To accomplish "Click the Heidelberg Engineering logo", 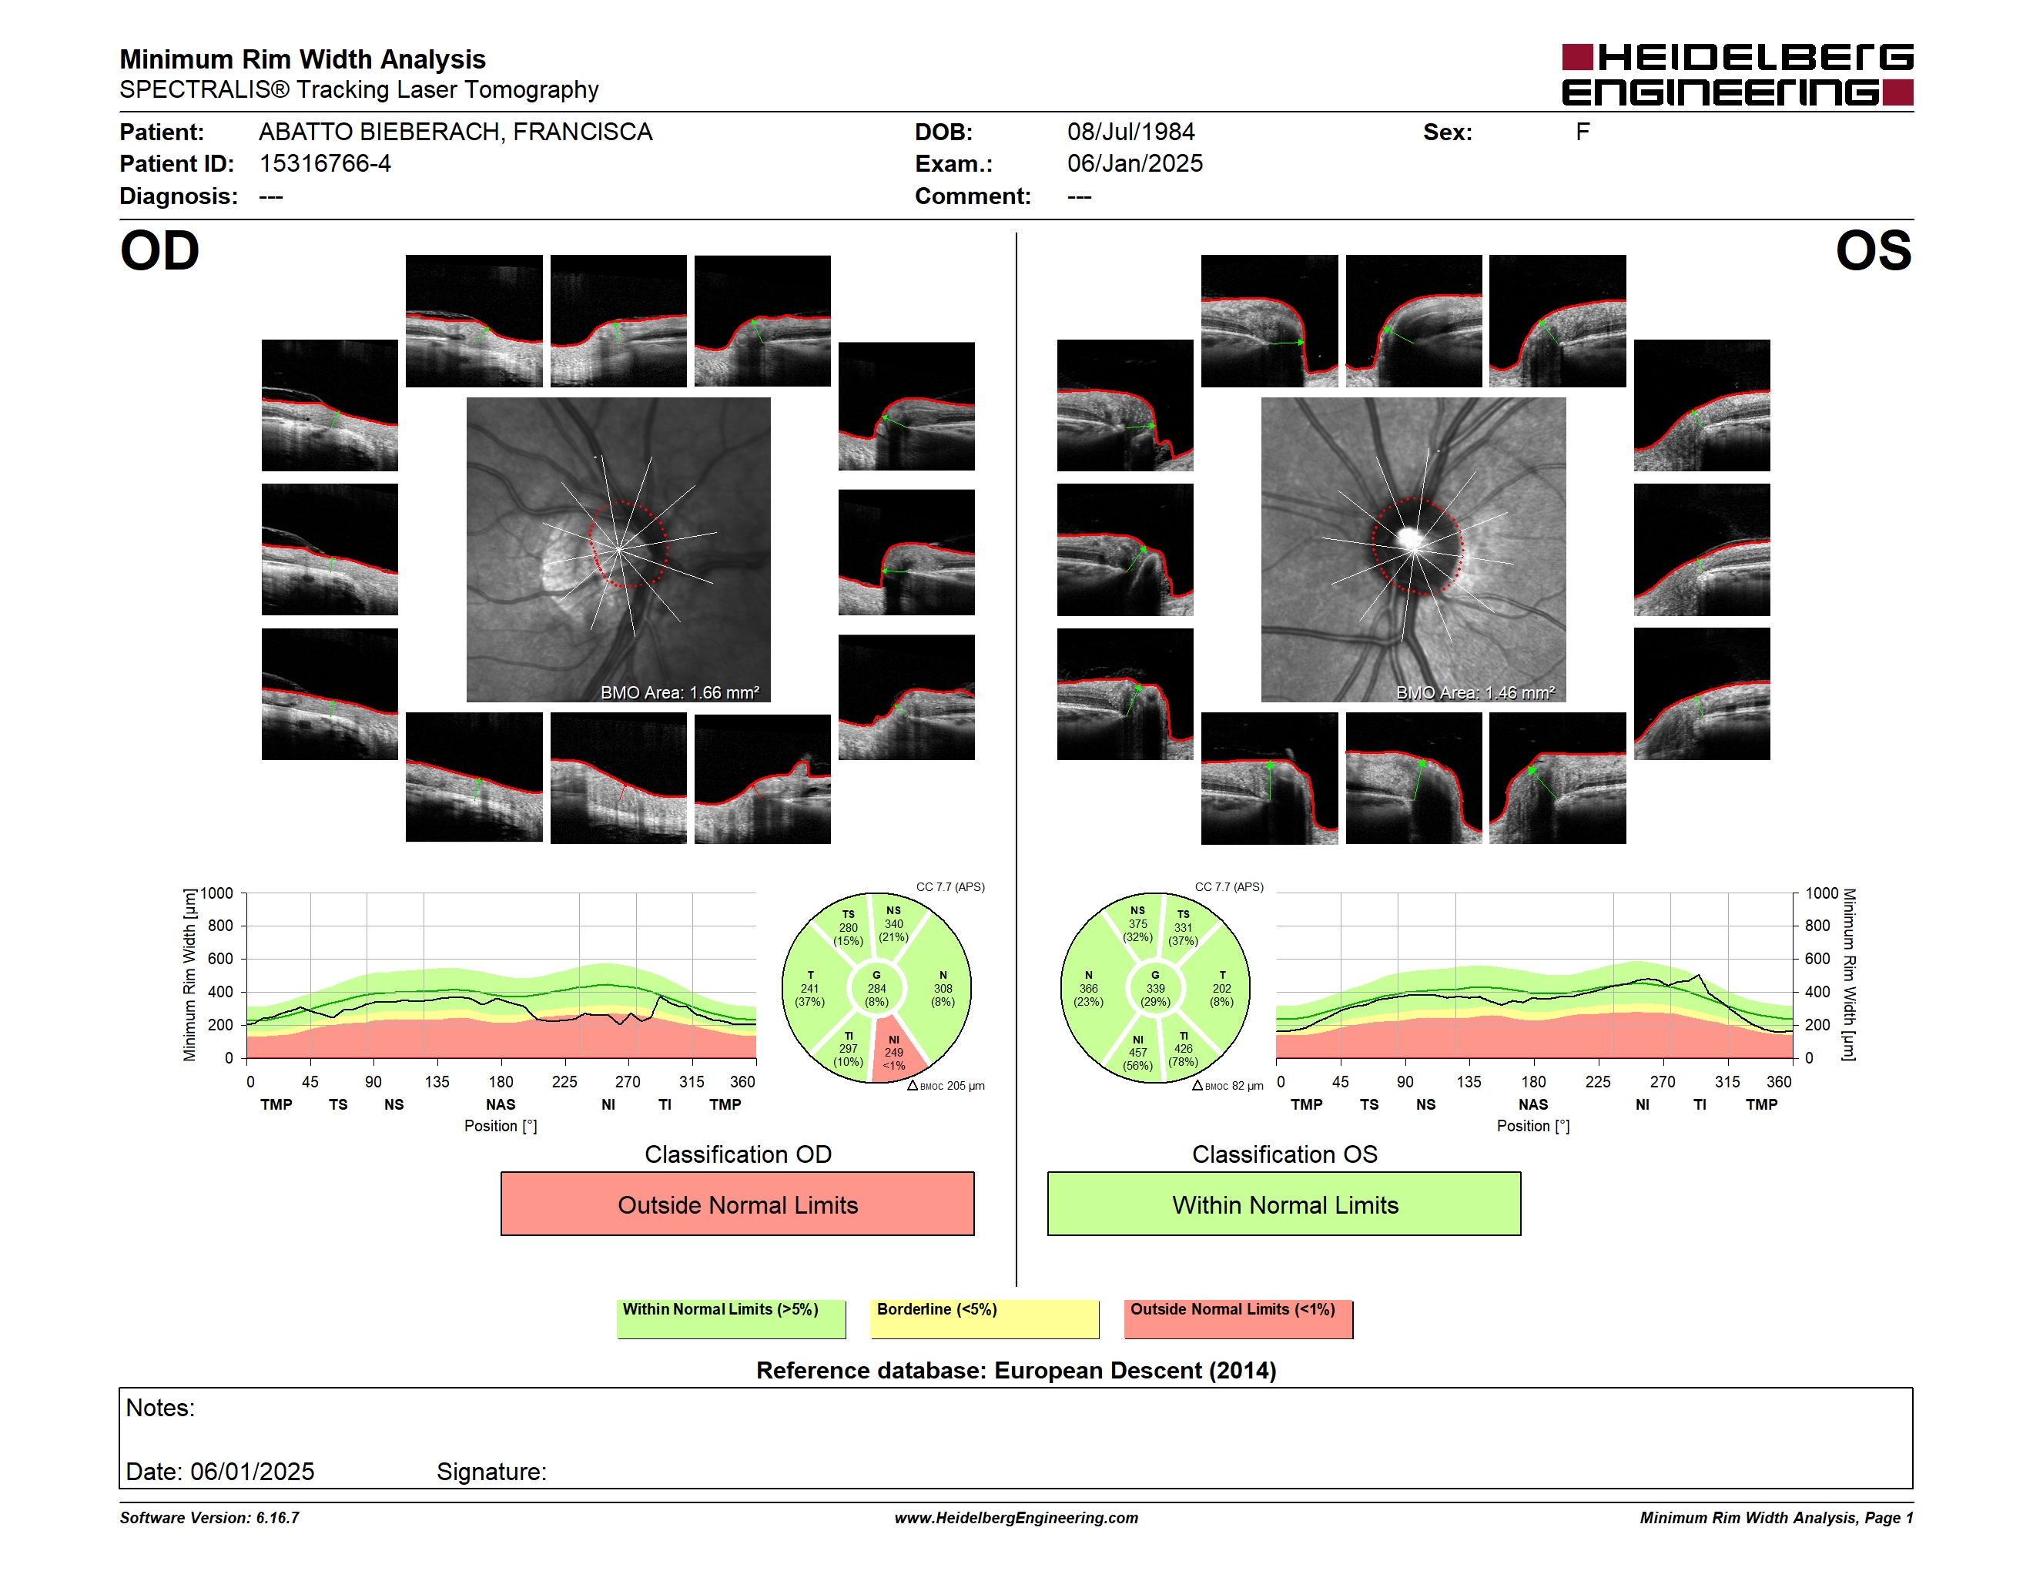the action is pyautogui.click(x=1737, y=75).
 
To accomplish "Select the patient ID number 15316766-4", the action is pyautogui.click(x=325, y=164).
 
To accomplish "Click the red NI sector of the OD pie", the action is pyautogui.click(x=896, y=1052).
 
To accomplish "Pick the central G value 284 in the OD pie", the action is pyautogui.click(x=876, y=988).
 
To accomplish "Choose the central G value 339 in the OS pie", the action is pyautogui.click(x=1155, y=988).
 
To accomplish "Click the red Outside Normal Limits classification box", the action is pyautogui.click(x=737, y=1204).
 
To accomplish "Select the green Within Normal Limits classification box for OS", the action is pyautogui.click(x=1284, y=1204).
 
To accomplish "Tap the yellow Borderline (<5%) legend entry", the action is pyautogui.click(x=984, y=1318).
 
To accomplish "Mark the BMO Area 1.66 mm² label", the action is pyautogui.click(x=679, y=692).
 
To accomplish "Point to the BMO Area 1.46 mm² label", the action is pyautogui.click(x=1475, y=692).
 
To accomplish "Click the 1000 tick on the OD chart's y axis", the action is pyautogui.click(x=217, y=893).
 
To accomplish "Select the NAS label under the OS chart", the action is pyautogui.click(x=1533, y=1105).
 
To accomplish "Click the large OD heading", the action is pyautogui.click(x=160, y=251).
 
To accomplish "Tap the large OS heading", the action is pyautogui.click(x=1873, y=251).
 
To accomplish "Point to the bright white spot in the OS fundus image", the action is pyautogui.click(x=1409, y=538).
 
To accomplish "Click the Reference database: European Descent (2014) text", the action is pyautogui.click(x=1016, y=1371).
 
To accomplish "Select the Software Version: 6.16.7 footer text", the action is pyautogui.click(x=209, y=1518).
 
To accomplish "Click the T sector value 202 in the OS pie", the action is pyautogui.click(x=1221, y=988).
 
